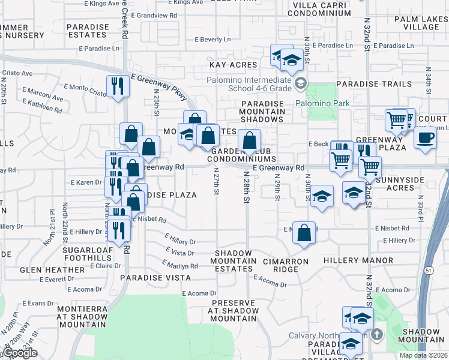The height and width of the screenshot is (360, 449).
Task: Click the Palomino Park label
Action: pyautogui.click(x=322, y=103)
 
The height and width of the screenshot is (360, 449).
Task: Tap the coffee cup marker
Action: pyautogui.click(x=426, y=138)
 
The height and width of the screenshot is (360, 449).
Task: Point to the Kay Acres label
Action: pyautogui.click(x=233, y=64)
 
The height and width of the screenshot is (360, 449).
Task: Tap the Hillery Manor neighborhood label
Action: pyautogui.click(x=358, y=261)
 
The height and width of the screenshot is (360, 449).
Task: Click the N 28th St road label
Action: pyautogui.click(x=246, y=187)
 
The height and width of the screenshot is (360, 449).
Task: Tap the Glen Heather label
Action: pyautogui.click(x=52, y=270)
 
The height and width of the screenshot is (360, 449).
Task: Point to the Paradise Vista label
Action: pyautogui.click(x=155, y=278)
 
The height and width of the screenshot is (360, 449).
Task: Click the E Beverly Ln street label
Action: pyautogui.click(x=212, y=40)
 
